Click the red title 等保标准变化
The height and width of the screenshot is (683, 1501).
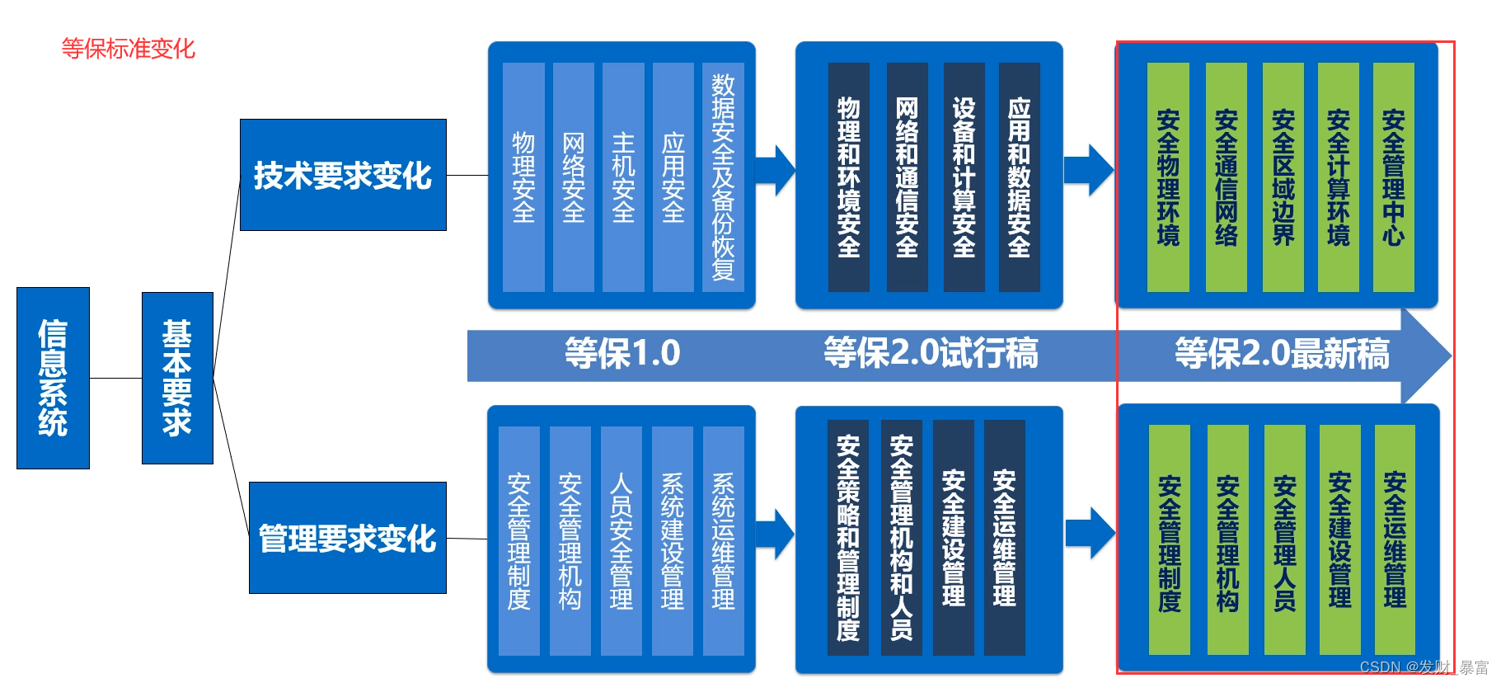coord(129,49)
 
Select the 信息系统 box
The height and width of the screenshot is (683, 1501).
coord(53,378)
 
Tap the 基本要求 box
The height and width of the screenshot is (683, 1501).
coord(177,378)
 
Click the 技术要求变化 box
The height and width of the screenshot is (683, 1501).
coord(343,175)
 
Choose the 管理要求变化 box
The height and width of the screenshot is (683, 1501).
coord(347,538)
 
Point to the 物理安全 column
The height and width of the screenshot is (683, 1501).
coord(523,177)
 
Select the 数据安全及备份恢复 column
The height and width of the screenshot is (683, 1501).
coord(723,177)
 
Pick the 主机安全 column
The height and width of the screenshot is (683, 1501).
coord(623,177)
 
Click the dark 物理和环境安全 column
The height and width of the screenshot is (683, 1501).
coord(848,177)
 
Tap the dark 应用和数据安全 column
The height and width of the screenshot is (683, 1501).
coord(1019,177)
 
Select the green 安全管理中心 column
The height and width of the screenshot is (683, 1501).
coord(1393,177)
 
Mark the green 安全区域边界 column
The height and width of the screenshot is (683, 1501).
coord(1283,177)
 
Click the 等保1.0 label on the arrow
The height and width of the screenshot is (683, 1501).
coord(622,354)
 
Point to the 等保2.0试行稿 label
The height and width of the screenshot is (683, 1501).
coord(931,354)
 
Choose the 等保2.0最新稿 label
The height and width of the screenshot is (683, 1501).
coord(1282,354)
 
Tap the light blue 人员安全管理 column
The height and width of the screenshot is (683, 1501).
coord(622,540)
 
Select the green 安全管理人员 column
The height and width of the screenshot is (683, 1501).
coord(1284,540)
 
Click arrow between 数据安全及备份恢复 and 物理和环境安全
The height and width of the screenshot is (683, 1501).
coord(775,171)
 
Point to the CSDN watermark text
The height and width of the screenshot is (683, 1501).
coord(1424,667)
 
